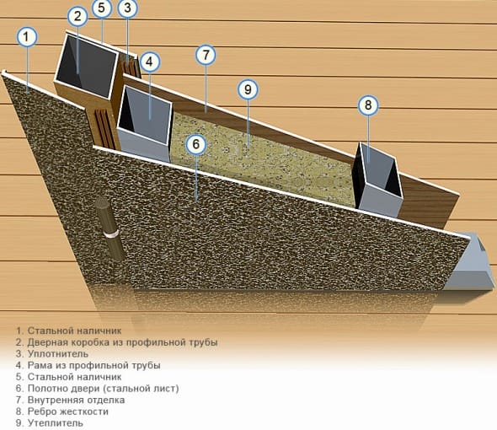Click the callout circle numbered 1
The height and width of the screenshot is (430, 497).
(x=27, y=37)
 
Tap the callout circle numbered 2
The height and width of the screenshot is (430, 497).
(x=78, y=16)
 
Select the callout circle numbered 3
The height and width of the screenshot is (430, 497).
(x=127, y=8)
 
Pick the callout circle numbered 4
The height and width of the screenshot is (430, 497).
(x=149, y=62)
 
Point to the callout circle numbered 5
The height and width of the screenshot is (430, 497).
(x=102, y=8)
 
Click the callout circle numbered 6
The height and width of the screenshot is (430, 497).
(x=196, y=144)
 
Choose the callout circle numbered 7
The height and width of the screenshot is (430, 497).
(x=206, y=55)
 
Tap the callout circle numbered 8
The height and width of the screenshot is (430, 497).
(x=368, y=105)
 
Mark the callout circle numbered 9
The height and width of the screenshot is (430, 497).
(x=248, y=90)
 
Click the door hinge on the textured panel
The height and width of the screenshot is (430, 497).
(x=110, y=228)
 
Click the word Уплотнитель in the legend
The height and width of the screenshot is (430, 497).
(x=58, y=353)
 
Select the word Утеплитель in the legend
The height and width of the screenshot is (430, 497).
(x=56, y=423)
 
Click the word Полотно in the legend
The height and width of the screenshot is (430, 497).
(x=46, y=388)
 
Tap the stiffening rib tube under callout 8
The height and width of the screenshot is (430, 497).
(x=378, y=180)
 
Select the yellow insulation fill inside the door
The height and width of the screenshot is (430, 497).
(x=260, y=159)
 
